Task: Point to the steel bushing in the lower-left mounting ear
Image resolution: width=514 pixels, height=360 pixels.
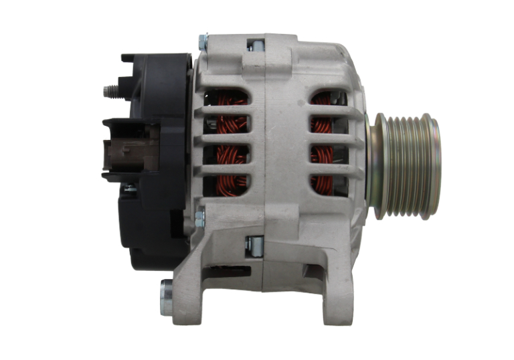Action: (166, 298)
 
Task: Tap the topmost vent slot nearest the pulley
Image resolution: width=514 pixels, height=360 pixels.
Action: (327, 99)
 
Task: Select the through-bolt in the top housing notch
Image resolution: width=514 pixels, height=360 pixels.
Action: (255, 45)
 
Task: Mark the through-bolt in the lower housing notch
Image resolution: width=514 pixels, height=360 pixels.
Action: (254, 245)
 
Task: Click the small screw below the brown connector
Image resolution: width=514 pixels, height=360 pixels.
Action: (130, 188)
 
